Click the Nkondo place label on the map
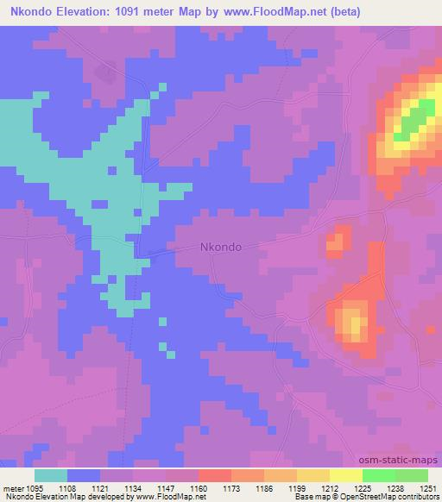[x=220, y=246]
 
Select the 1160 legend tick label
[x=198, y=486]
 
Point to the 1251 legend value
[x=427, y=486]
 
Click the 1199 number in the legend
[x=296, y=486]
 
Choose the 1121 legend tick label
[x=99, y=486]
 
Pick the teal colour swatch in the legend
[x=51, y=475]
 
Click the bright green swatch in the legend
[x=378, y=475]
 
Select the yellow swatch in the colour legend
[x=345, y=475]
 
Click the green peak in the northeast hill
[x=414, y=117]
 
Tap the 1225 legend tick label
[x=362, y=486]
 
